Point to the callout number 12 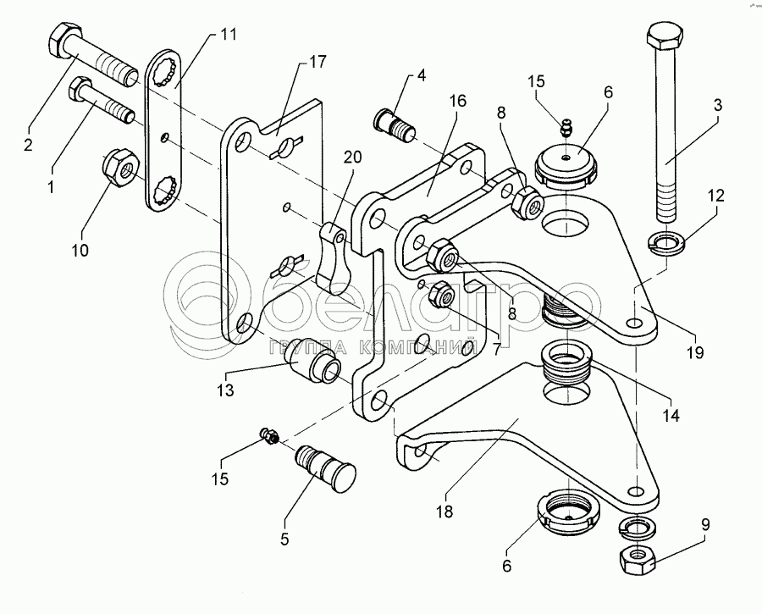(716, 196)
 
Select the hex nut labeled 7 (441, 292)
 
